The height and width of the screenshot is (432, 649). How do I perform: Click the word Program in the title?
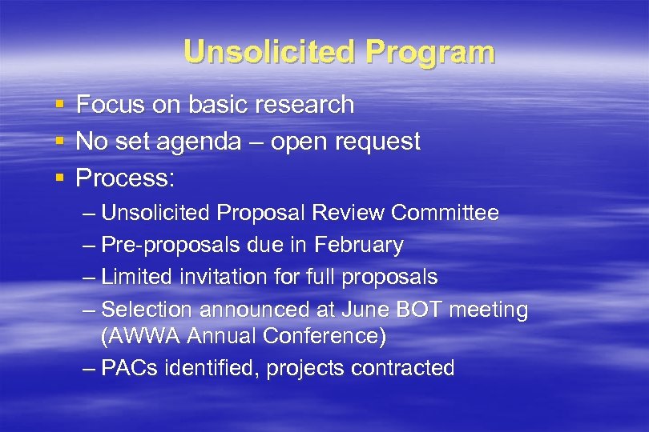click(431, 53)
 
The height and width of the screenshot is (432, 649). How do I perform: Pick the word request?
click(378, 142)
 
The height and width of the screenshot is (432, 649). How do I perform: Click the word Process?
click(125, 178)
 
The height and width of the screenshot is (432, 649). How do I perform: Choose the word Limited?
click(138, 278)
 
